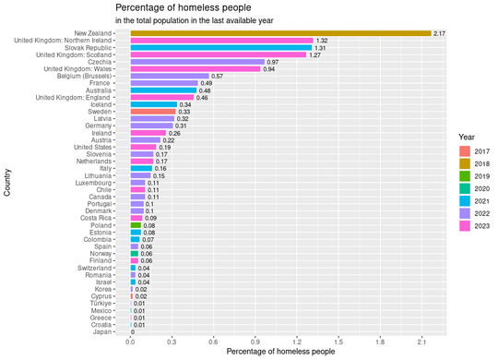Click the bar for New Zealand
tap(280, 33)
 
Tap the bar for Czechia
tap(197, 62)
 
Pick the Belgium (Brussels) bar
tap(170, 76)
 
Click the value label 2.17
tap(440, 33)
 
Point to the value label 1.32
tap(322, 41)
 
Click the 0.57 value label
tap(218, 76)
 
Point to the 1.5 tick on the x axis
tap(338, 342)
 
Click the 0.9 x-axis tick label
tap(255, 342)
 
